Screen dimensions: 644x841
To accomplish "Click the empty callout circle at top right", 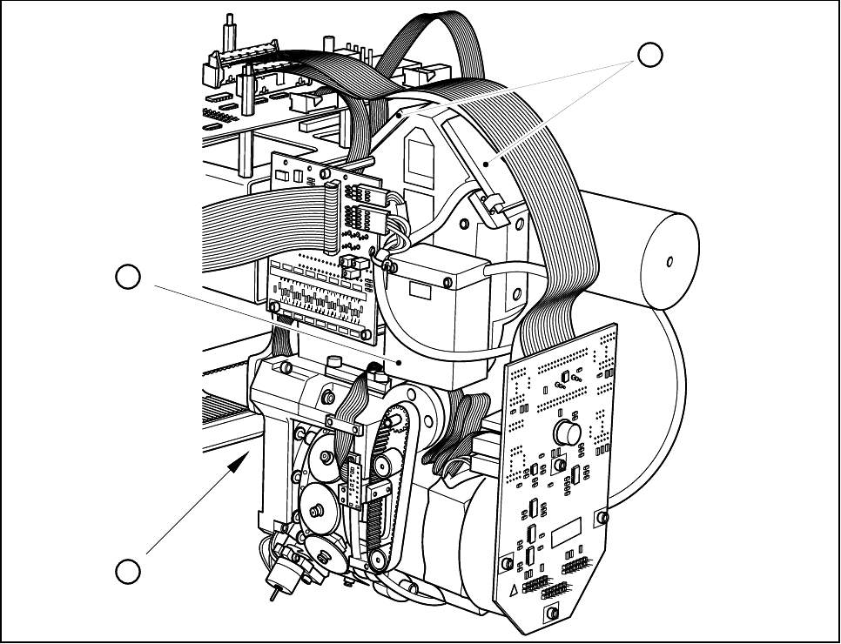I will click(x=649, y=54).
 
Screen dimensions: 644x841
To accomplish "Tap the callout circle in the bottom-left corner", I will click(x=129, y=572).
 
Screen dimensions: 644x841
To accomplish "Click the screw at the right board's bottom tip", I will click(x=550, y=615).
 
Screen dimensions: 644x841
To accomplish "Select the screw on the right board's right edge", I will click(x=600, y=519).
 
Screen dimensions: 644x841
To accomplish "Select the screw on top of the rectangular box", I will click(x=447, y=283).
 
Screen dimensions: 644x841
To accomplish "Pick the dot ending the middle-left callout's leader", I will click(x=398, y=359).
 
